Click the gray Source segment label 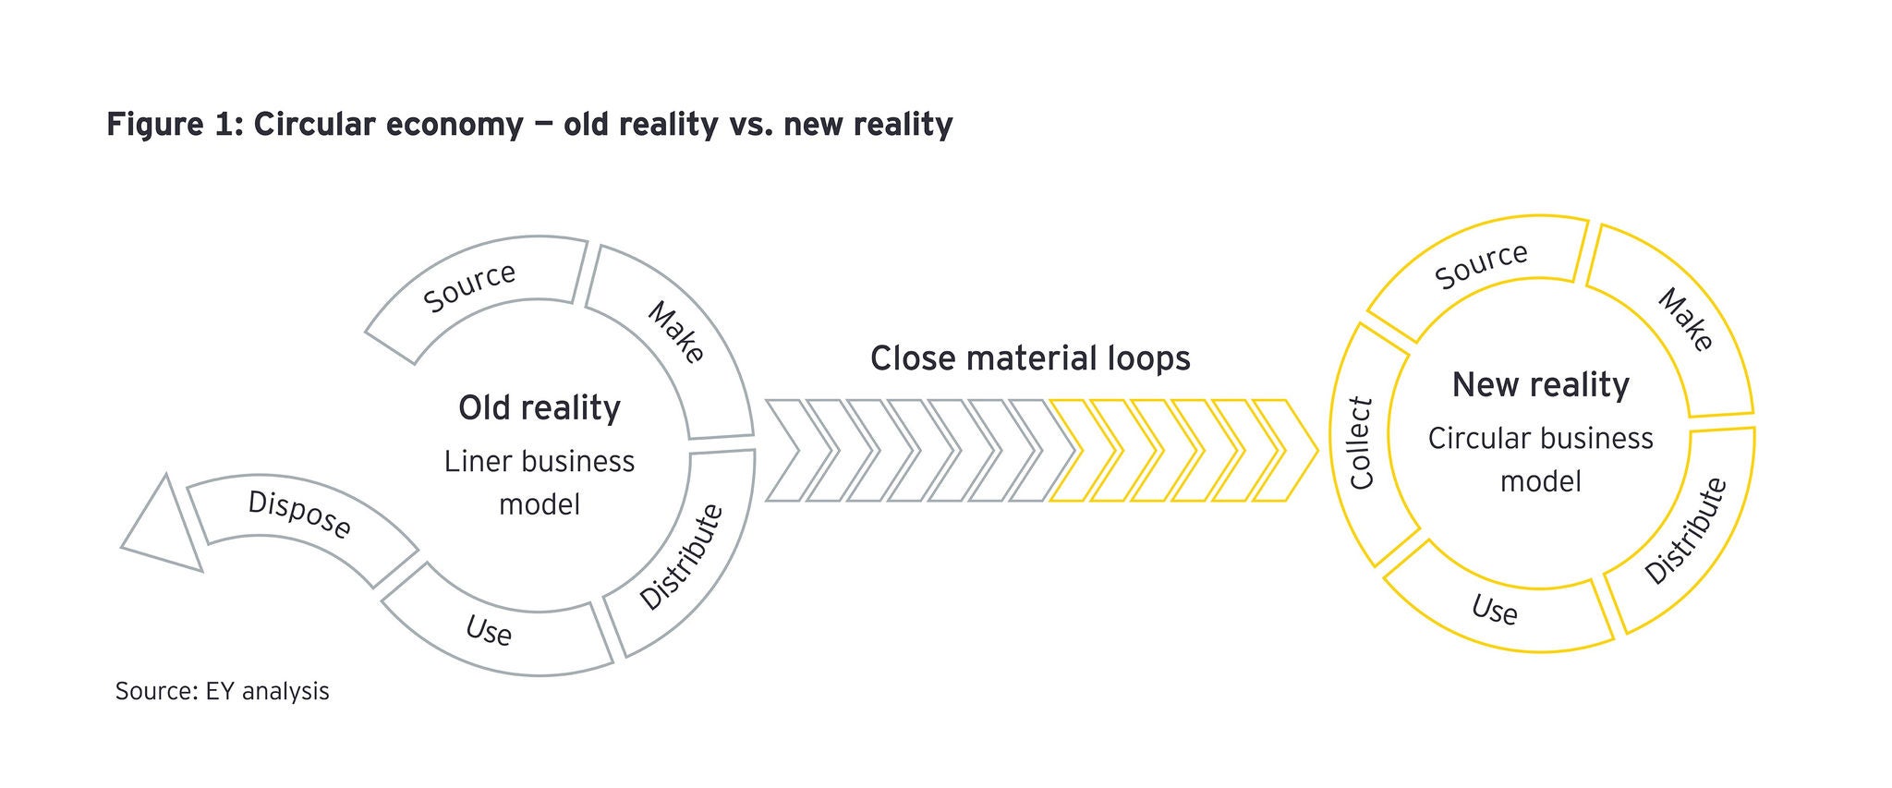(469, 286)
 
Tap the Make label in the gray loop (676, 332)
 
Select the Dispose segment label (299, 514)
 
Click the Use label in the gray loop (489, 631)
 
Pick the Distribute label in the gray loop (682, 557)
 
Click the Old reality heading (540, 407)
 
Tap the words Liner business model (540, 482)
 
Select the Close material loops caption (1030, 358)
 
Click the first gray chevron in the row (785, 451)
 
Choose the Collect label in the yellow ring (1362, 443)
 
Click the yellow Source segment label (1481, 265)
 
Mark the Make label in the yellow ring (1686, 320)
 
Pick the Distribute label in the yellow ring (1686, 531)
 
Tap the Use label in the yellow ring (1494, 610)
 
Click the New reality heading (1540, 384)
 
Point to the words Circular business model (1540, 459)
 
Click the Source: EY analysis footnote (222, 691)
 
